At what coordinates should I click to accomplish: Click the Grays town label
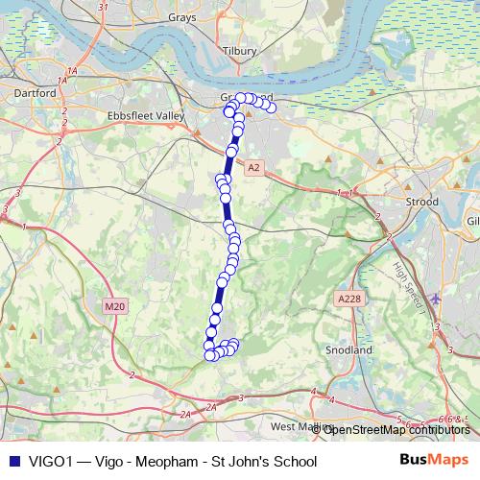181,17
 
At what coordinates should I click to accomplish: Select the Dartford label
36,94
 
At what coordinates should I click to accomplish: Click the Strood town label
421,203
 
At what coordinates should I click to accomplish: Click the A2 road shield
252,168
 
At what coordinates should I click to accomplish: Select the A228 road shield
350,300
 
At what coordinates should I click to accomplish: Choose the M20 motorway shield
114,306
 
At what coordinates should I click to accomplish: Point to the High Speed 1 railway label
411,288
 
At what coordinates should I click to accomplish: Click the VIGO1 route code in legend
49,462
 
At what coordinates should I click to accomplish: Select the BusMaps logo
434,461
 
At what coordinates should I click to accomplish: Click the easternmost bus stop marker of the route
271,108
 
